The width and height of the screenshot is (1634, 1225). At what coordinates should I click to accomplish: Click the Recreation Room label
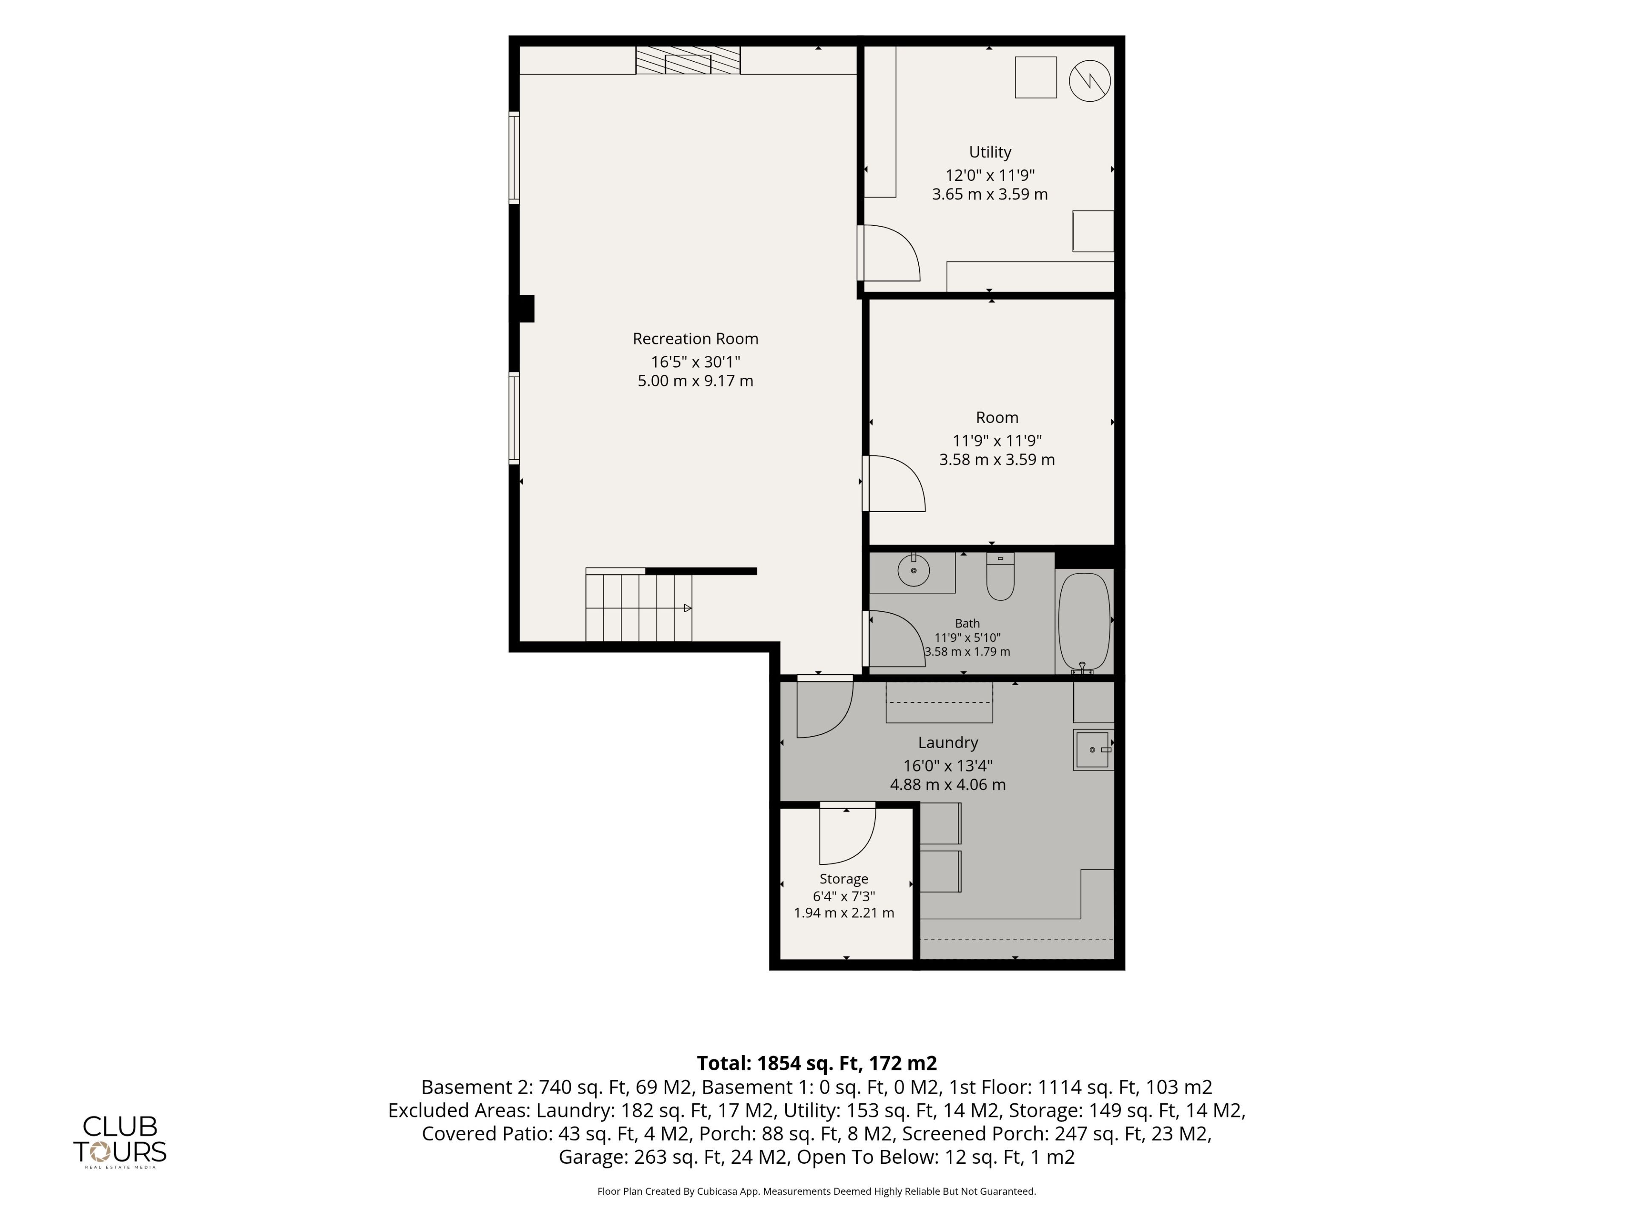(695, 339)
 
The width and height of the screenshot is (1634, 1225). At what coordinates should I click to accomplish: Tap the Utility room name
(990, 152)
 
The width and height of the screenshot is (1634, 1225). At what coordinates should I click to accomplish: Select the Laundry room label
(948, 743)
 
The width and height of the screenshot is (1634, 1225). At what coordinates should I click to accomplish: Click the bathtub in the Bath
(1084, 621)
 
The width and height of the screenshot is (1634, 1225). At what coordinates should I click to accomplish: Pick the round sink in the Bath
(914, 570)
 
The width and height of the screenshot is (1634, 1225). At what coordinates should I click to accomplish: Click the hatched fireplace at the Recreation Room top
(688, 60)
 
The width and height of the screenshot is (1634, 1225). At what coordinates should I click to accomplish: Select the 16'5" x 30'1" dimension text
(695, 362)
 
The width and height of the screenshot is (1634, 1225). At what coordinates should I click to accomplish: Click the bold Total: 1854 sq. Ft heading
(817, 1063)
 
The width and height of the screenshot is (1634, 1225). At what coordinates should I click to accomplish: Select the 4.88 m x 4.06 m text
(948, 785)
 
